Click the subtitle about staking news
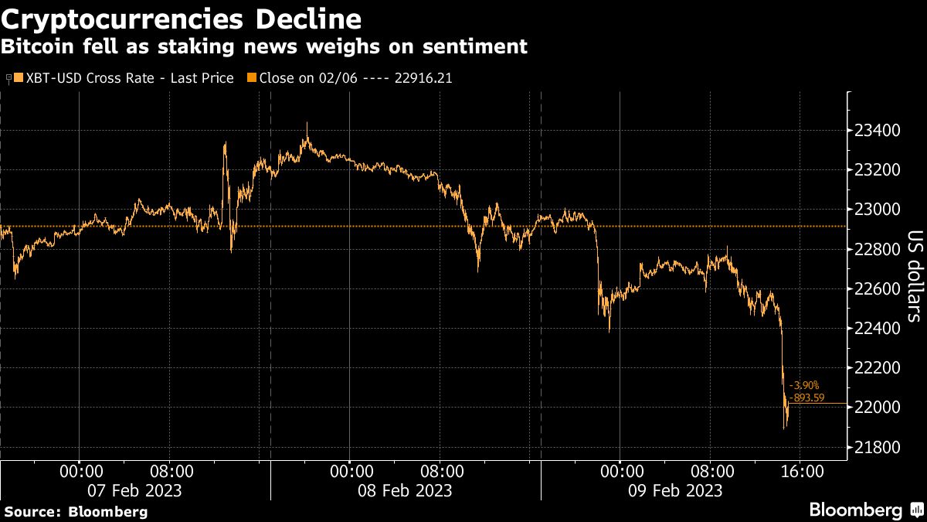[263, 46]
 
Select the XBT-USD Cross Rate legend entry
[124, 78]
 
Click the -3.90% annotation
[803, 385]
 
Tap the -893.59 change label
[806, 397]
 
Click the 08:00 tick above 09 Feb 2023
[712, 471]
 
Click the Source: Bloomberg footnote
[76, 511]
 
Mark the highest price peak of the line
[307, 122]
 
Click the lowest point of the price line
[785, 428]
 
